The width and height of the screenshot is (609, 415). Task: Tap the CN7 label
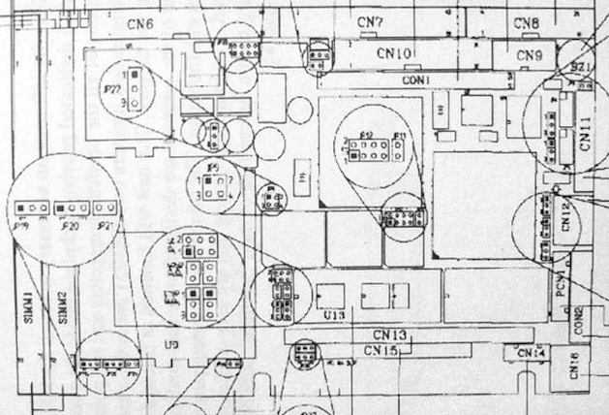coord(370,21)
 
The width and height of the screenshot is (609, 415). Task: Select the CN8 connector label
coord(527,22)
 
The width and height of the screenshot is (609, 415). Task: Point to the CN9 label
coord(530,55)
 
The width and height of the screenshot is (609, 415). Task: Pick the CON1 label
coord(415,78)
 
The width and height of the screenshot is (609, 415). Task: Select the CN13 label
coord(391,335)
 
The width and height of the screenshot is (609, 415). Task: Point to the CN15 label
coord(382,350)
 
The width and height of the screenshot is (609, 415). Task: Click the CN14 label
coord(532,352)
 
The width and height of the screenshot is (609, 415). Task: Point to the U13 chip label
coord(333,315)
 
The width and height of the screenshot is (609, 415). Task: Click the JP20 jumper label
coord(70,226)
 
